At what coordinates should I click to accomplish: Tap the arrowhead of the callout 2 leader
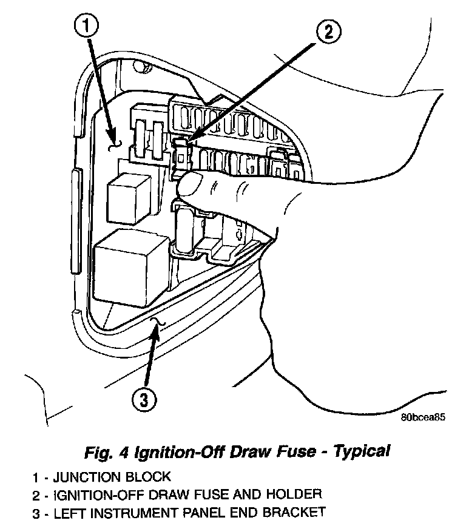[183, 144]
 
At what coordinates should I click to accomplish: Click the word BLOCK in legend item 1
[149, 476]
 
